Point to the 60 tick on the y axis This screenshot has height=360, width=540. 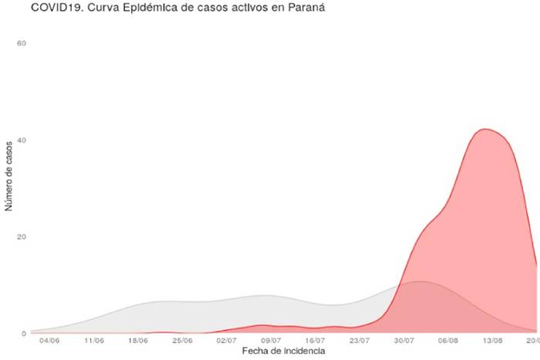tap(22, 43)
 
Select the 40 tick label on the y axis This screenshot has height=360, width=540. tap(22, 140)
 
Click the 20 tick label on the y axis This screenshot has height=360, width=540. tap(22, 237)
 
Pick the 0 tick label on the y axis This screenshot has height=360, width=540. tap(24, 334)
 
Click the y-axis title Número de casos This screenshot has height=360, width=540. tap(9, 176)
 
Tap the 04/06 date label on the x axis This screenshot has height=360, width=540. tap(49, 340)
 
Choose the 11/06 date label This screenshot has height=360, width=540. tap(94, 340)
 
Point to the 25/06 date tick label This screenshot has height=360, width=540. tap(183, 340)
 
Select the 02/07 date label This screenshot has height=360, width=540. tap(227, 340)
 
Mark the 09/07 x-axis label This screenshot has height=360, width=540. tap(272, 340)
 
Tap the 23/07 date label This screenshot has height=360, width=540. tap(360, 340)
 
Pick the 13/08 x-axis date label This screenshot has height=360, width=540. tap(493, 340)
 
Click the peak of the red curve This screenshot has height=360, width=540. tap(484, 129)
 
